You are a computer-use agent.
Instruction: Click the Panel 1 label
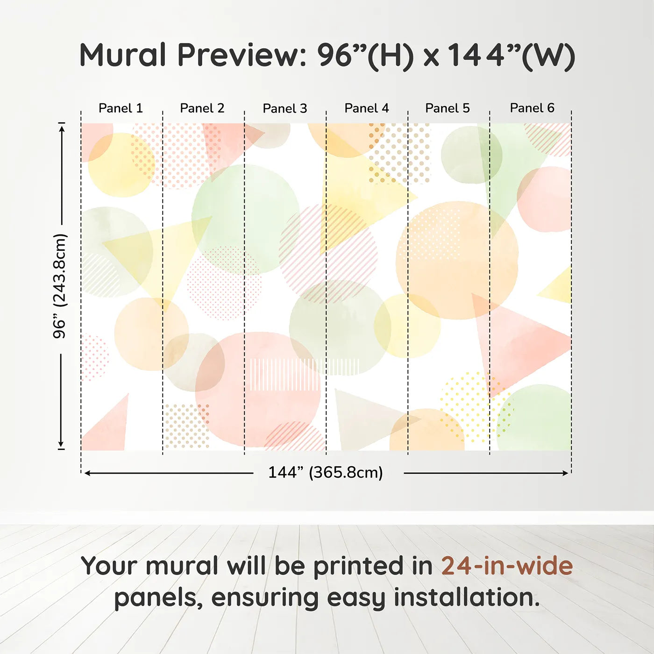[x=121, y=108]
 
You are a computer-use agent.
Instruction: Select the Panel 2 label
[x=202, y=108]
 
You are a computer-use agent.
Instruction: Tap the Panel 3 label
[x=284, y=108]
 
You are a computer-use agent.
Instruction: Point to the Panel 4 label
[x=366, y=108]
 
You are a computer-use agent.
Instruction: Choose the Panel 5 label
[x=447, y=108]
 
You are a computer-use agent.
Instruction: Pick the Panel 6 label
[x=532, y=108]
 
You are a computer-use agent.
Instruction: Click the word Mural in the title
[x=122, y=55]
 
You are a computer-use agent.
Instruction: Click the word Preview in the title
[x=242, y=55]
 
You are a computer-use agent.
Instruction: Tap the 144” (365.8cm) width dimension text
[x=326, y=472]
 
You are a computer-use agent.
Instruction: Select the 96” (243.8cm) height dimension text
[x=60, y=286]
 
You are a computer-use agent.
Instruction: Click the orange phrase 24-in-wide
[x=507, y=566]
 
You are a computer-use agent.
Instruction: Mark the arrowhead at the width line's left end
[x=87, y=473]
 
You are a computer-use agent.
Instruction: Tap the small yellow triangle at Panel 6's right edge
[x=558, y=287]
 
